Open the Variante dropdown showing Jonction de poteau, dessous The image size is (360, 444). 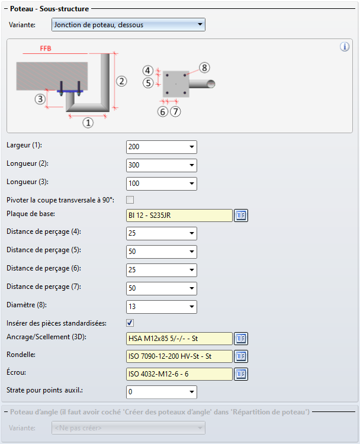coord(128,25)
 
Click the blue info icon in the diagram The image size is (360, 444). coord(345,47)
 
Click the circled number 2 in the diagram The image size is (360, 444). coord(121,81)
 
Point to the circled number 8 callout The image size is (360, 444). coord(204,67)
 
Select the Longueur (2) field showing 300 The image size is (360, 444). coord(161,165)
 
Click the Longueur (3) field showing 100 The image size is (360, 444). coord(161,184)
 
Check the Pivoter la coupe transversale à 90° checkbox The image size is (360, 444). coord(130,200)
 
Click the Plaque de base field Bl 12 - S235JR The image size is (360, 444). coord(179,215)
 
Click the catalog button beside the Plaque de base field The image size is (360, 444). coord(240,215)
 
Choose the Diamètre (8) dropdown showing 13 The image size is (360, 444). coord(161,307)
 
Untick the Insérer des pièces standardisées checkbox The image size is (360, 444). coord(130,323)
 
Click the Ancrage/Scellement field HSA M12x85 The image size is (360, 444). coord(179,339)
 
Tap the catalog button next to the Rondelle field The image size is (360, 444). coord(240,356)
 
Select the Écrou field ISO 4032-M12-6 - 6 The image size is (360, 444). coord(179,374)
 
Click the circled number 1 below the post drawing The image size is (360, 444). coord(88,123)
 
